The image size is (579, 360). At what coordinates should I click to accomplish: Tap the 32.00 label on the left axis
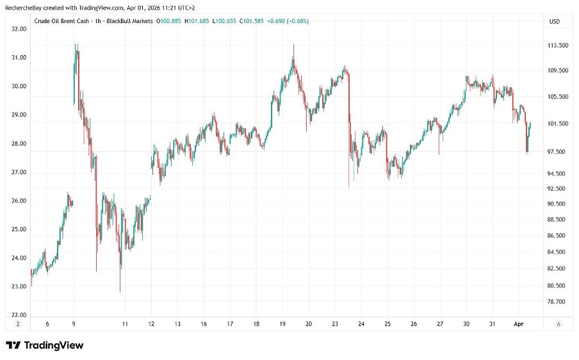19,29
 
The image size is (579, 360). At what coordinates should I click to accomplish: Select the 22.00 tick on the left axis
19,315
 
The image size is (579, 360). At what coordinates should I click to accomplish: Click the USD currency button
554,21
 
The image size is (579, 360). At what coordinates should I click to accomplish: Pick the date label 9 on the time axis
74,325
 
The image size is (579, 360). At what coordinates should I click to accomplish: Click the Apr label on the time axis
520,325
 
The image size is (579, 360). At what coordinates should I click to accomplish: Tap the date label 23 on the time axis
335,325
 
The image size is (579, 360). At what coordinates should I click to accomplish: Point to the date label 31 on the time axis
493,325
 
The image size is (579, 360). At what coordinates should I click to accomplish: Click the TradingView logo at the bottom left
45,345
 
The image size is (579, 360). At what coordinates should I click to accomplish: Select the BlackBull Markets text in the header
133,21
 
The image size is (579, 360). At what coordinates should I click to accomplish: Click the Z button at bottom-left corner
18,325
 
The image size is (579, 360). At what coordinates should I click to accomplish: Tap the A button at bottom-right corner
559,325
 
